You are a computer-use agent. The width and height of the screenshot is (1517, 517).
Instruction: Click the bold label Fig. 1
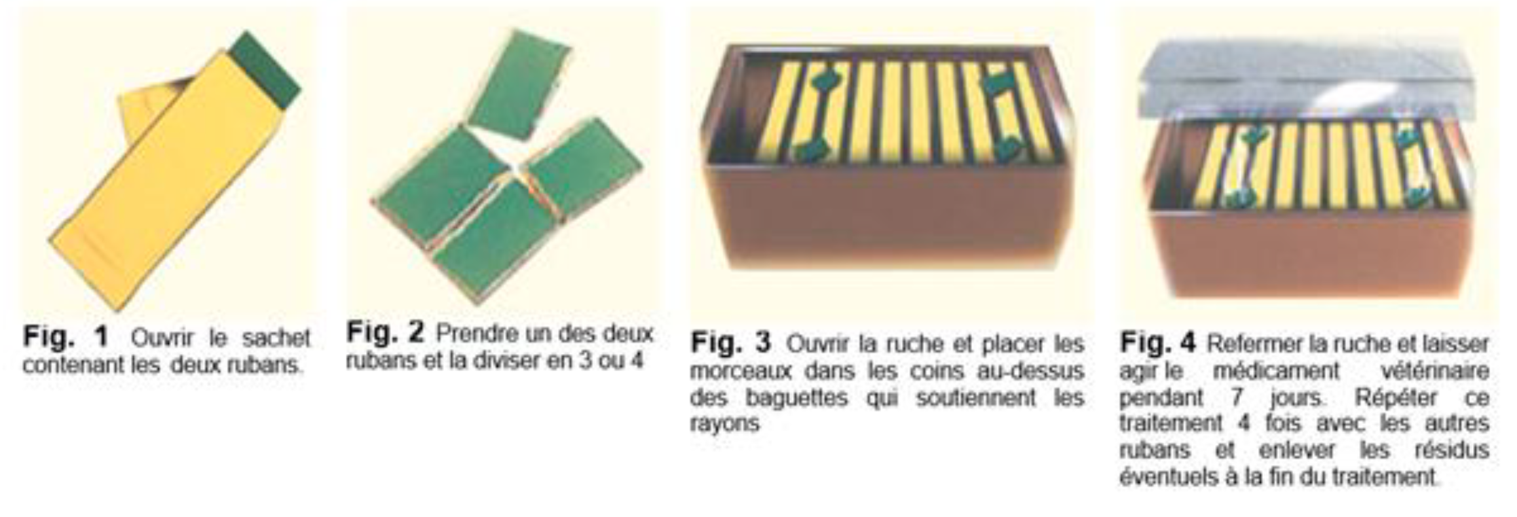coord(66,337)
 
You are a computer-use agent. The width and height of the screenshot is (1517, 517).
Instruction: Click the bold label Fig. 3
coord(731,342)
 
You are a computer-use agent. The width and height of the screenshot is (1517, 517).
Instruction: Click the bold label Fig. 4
coord(1157,342)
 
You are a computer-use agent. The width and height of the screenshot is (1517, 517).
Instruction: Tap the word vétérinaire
coord(1435,370)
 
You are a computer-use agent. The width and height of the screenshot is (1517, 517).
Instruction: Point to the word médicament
coord(1276,370)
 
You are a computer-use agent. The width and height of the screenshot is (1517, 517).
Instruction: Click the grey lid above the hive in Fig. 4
coord(1305,82)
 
